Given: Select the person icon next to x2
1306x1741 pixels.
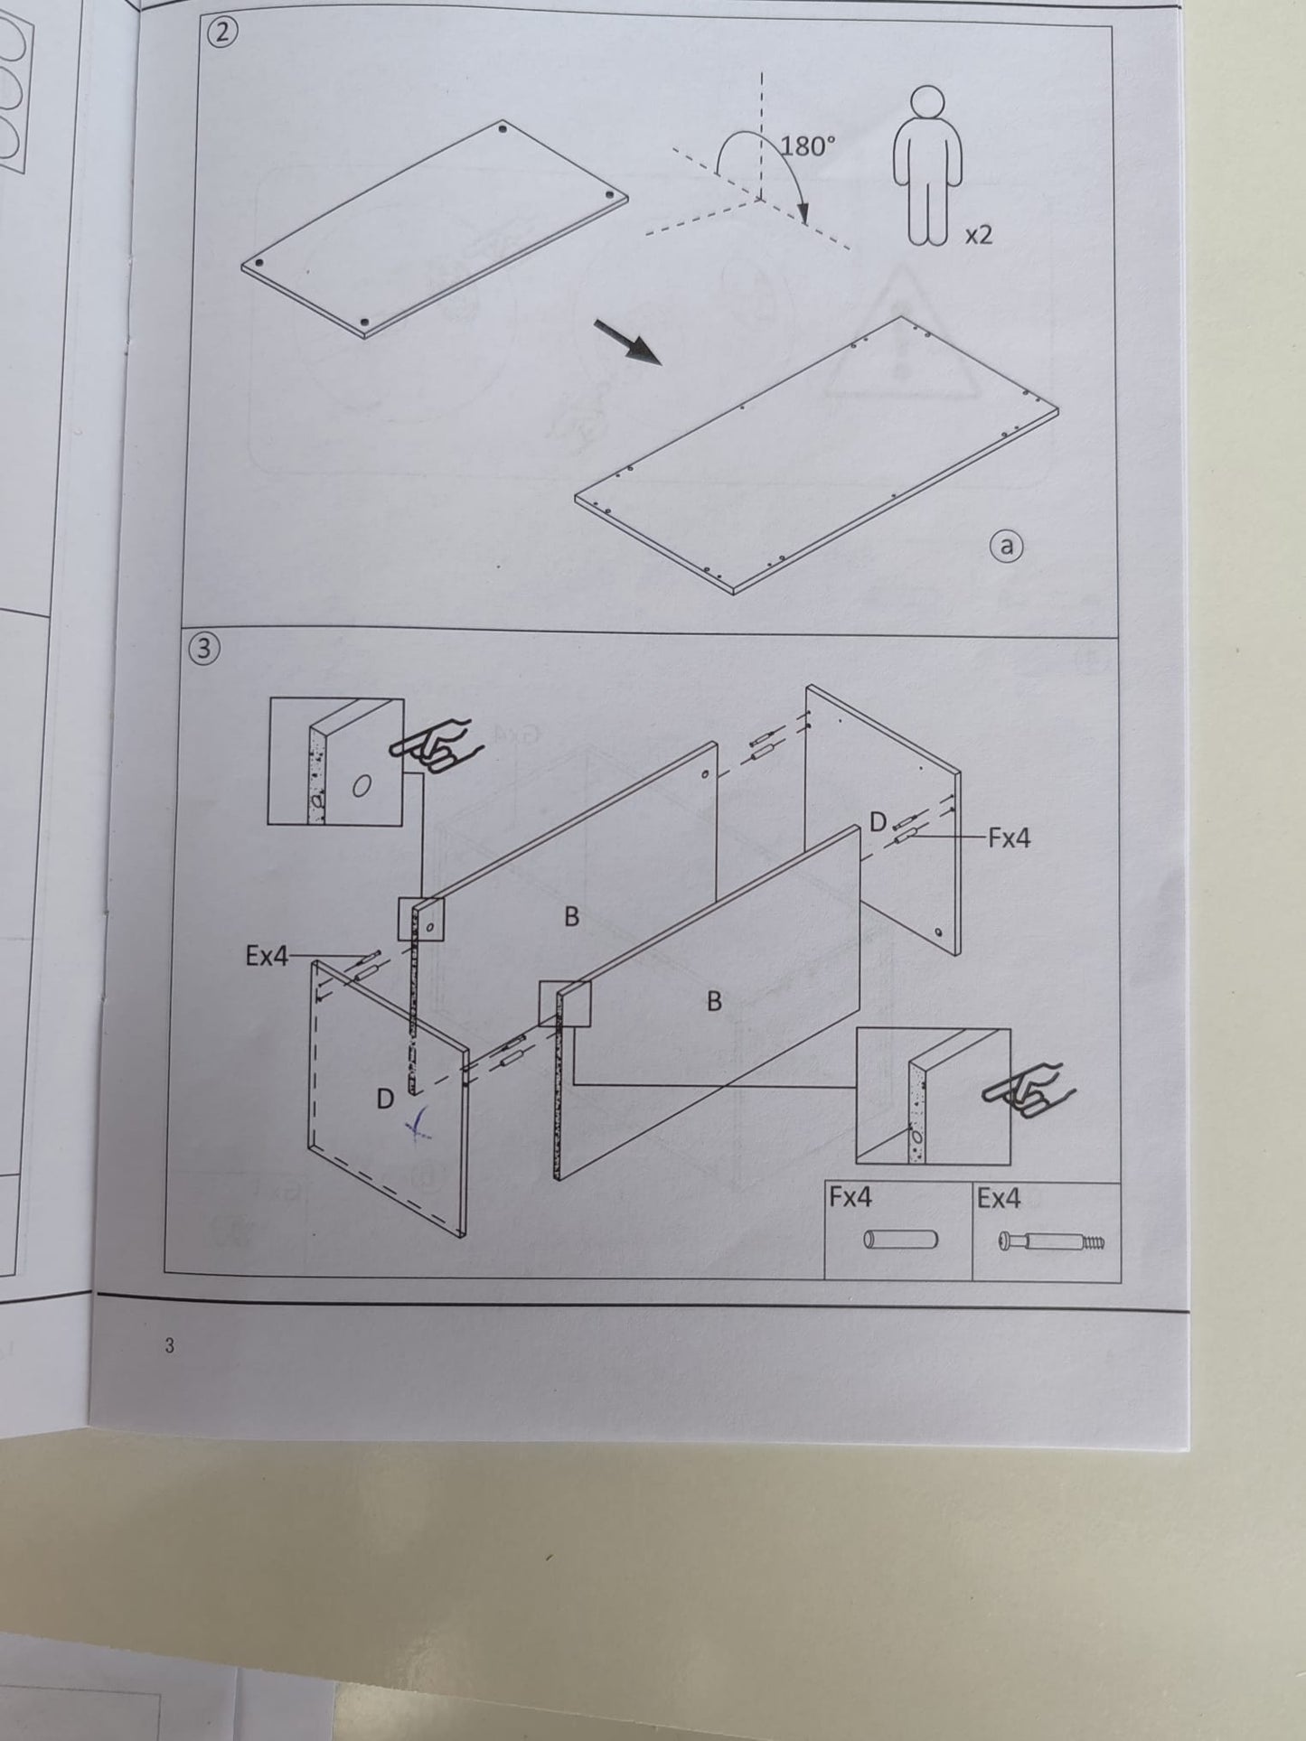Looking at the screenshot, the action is (927, 165).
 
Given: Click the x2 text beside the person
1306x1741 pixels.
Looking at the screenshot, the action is (979, 235).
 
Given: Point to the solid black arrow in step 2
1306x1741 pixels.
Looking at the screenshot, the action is (627, 341).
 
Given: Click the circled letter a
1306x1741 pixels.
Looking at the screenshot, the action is (1007, 546).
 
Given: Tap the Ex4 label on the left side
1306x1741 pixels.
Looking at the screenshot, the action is (267, 956).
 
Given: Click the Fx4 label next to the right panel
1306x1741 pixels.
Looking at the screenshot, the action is (1009, 838).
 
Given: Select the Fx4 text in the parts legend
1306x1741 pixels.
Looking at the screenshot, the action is (850, 1198).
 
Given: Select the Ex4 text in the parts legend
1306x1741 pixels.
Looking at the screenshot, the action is (999, 1198).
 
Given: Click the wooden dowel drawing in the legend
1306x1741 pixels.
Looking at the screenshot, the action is (901, 1240).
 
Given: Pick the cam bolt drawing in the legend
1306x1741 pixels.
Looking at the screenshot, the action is (1052, 1243).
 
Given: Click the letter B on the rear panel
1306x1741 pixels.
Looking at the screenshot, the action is (571, 917).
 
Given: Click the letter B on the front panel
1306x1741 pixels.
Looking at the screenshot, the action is (714, 1001).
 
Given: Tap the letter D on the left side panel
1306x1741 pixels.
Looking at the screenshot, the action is (385, 1100).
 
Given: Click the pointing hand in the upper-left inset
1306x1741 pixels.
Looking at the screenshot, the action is (431, 745).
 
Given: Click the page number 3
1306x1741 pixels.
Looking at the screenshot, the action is (169, 1346).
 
